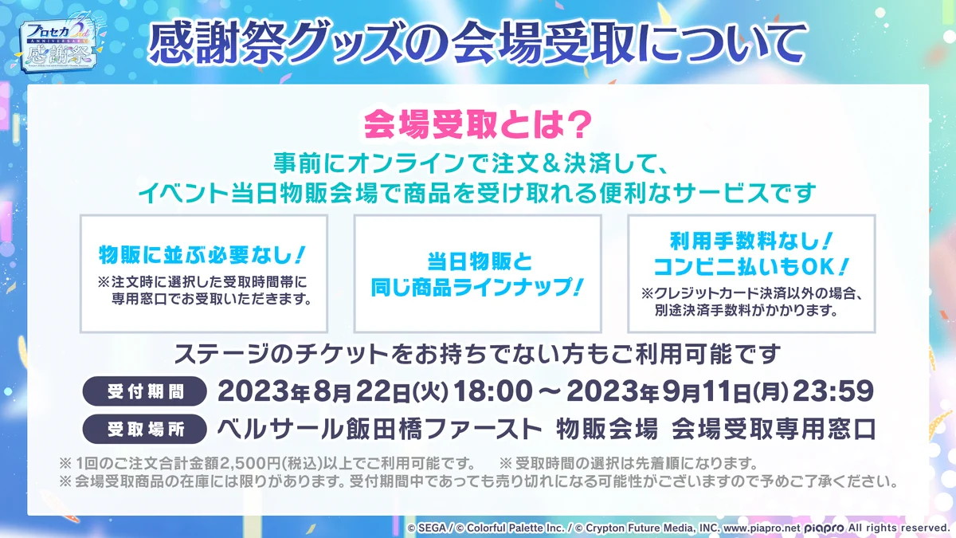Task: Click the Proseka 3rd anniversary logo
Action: [60, 43]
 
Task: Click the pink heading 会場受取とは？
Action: [477, 124]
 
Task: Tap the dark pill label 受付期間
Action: [145, 391]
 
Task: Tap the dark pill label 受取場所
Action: [145, 429]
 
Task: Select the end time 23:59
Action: [833, 391]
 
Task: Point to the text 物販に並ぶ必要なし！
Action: [202, 255]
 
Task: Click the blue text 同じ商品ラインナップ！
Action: [476, 288]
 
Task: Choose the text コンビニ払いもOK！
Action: [751, 267]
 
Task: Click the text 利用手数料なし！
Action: [751, 242]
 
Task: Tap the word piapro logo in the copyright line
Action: [824, 528]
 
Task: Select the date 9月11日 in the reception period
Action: [701, 392]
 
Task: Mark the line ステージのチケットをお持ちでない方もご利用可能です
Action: [477, 355]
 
